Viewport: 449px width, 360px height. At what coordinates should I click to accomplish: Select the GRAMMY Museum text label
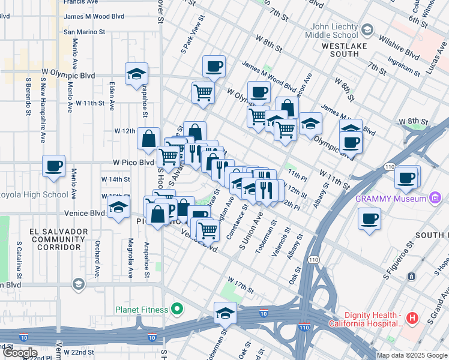[x=390, y=199]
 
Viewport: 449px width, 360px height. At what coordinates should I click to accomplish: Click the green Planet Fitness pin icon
[x=176, y=310]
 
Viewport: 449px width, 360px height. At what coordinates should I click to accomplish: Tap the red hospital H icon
[x=412, y=317]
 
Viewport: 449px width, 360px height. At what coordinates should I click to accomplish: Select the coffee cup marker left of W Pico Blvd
[x=53, y=166]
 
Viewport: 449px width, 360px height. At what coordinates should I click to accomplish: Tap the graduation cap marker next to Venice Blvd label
[x=119, y=209]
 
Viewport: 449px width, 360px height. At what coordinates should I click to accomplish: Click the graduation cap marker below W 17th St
[x=225, y=313]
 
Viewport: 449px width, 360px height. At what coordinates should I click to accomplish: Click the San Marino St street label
[x=84, y=32]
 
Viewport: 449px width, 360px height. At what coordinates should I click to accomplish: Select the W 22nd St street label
[x=79, y=352]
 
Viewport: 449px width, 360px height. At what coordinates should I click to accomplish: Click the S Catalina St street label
[x=19, y=259]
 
